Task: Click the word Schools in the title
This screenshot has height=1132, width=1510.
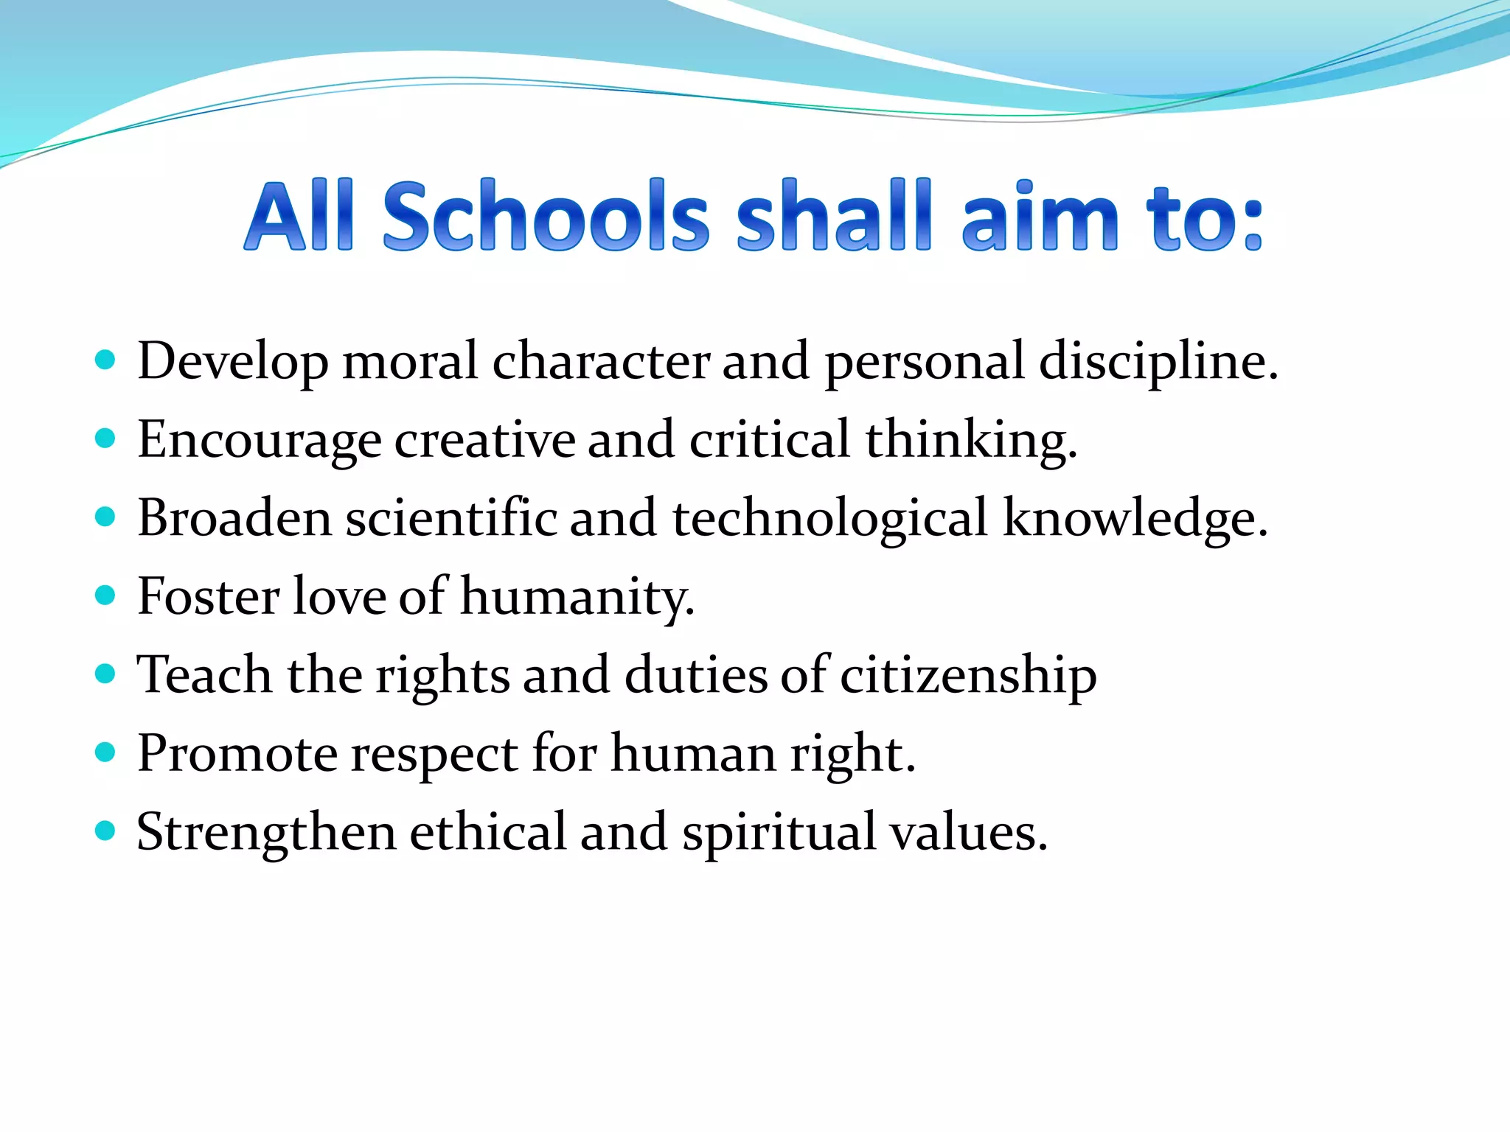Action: tap(546, 215)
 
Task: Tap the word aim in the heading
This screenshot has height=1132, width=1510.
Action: tap(1040, 215)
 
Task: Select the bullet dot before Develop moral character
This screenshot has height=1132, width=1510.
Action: tap(105, 360)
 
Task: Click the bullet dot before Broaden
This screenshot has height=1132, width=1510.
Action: tap(105, 517)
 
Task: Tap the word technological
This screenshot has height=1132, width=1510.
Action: tap(829, 519)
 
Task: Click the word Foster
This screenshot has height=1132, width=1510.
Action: tap(208, 596)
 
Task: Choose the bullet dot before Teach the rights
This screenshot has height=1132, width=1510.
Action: tap(105, 674)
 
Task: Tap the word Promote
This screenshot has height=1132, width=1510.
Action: tap(237, 754)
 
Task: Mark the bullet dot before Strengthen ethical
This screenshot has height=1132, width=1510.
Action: tap(105, 831)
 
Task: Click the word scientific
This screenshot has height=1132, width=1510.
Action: tap(451, 518)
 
